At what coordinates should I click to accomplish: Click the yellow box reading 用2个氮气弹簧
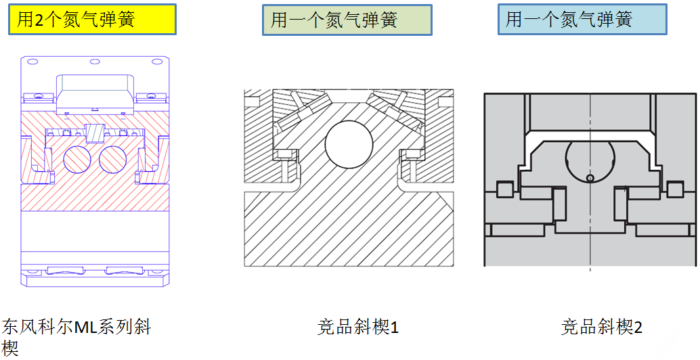93,19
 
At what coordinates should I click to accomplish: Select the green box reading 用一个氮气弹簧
347,20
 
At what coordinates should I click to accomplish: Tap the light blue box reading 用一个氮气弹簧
582,19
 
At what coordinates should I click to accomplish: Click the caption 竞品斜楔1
357,328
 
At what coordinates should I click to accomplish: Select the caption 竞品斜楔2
601,328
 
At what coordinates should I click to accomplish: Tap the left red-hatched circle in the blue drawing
77,159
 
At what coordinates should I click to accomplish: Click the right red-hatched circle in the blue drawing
113,159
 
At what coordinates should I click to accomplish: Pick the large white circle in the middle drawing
349,144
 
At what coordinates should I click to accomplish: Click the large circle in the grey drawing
590,158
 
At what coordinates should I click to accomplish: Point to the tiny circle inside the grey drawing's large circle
590,179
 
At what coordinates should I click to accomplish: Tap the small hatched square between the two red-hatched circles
95,133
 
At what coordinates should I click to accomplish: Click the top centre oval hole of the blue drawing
95,62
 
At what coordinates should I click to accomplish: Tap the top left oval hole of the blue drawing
32,62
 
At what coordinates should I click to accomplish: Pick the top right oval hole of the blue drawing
157,62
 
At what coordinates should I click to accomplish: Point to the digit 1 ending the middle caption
394,328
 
